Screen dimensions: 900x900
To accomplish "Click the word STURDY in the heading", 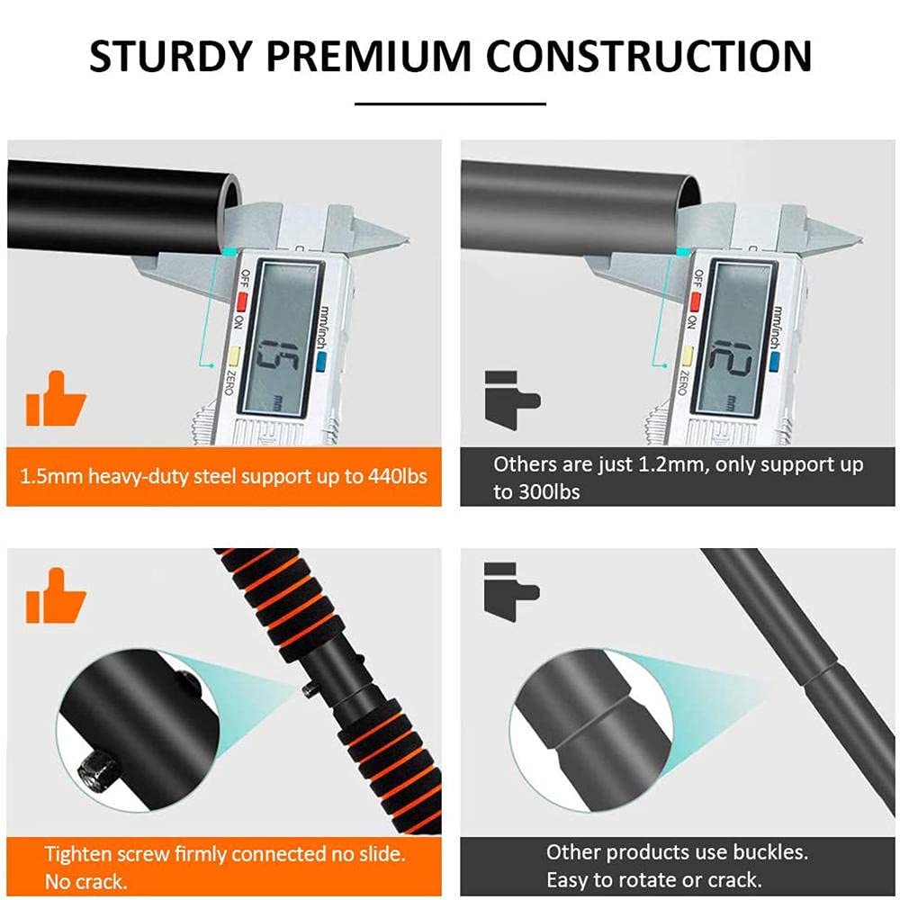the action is pyautogui.click(x=171, y=56).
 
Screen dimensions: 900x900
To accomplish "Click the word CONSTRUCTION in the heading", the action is pyautogui.click(x=649, y=56).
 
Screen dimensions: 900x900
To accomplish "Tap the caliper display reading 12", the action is pyautogui.click(x=733, y=338).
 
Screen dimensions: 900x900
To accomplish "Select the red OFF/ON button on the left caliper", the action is pyautogui.click(x=242, y=301).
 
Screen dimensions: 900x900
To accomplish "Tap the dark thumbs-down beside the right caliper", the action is pyautogui.click(x=512, y=400).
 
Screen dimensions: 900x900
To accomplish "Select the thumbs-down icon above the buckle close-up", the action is pyautogui.click(x=511, y=592).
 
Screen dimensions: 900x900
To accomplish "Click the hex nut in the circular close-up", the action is pyautogui.click(x=94, y=770).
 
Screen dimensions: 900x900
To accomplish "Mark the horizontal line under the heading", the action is pyautogui.click(x=450, y=103).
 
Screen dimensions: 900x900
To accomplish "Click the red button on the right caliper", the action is pyautogui.click(x=696, y=301).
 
